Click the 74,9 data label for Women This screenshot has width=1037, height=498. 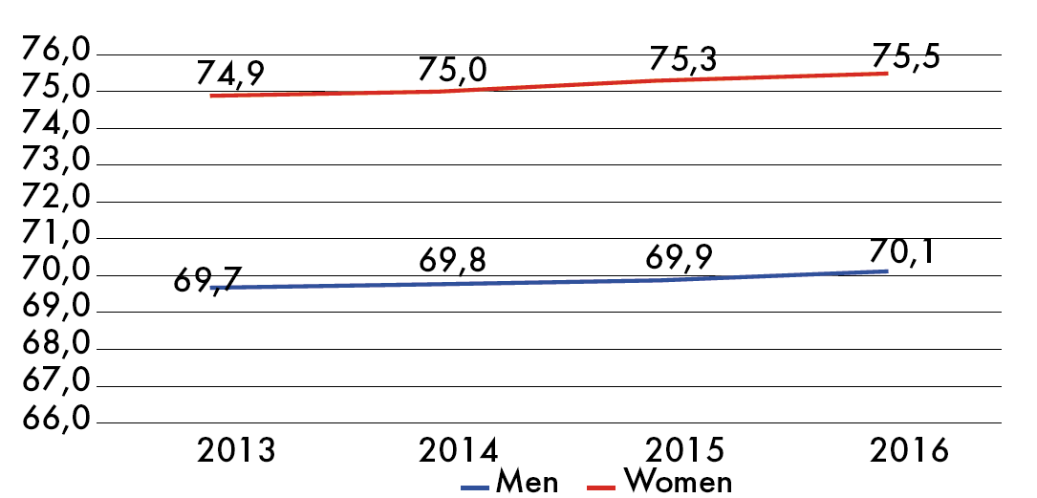(230, 73)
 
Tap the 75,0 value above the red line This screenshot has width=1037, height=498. (452, 70)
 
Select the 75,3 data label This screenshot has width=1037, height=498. (681, 58)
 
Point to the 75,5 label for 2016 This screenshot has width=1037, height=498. (905, 55)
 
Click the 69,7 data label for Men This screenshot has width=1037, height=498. (208, 280)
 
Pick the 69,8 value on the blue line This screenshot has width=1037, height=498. (452, 261)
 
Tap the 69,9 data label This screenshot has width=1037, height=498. (680, 256)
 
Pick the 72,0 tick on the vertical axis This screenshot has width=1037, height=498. (56, 198)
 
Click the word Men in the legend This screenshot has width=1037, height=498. (527, 482)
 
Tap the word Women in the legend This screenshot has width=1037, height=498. (678, 482)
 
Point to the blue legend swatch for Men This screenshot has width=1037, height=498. (475, 488)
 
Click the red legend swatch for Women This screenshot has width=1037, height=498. (601, 488)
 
